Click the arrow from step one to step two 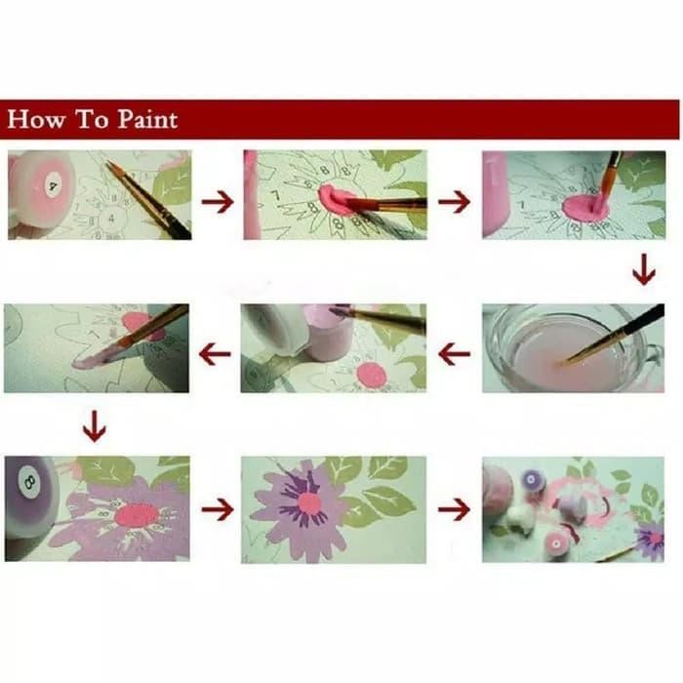pos(217,202)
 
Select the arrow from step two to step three pos(454,202)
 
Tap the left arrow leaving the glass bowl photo pos(454,354)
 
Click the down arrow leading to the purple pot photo pos(94,425)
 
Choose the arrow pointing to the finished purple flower pos(217,508)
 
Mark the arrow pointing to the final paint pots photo pos(454,508)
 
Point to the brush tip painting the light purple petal pos(80,360)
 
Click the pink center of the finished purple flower pos(309,502)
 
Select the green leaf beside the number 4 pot pos(174,183)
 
